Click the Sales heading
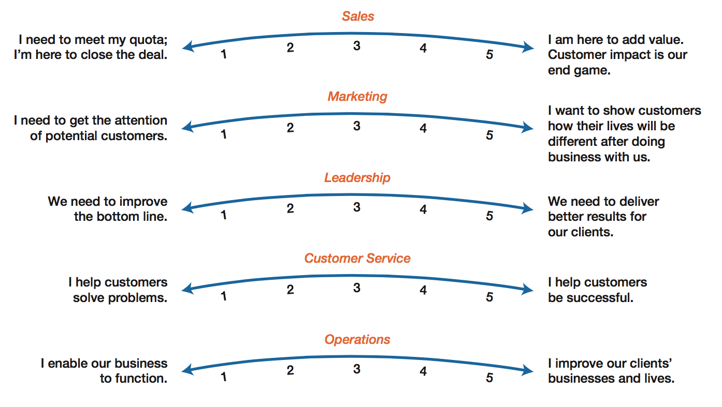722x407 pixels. [x=358, y=16]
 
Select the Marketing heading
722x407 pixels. [x=357, y=97]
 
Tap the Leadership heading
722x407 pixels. [x=357, y=177]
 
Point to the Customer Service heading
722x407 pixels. [x=357, y=258]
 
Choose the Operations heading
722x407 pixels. [x=357, y=340]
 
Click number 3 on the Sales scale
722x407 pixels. [x=356, y=46]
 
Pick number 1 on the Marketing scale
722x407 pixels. [x=223, y=134]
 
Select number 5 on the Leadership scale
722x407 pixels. [x=489, y=216]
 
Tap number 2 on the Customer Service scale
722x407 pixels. [x=290, y=290]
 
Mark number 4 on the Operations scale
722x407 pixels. [x=423, y=371]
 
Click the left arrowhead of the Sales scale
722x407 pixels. [x=187, y=47]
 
